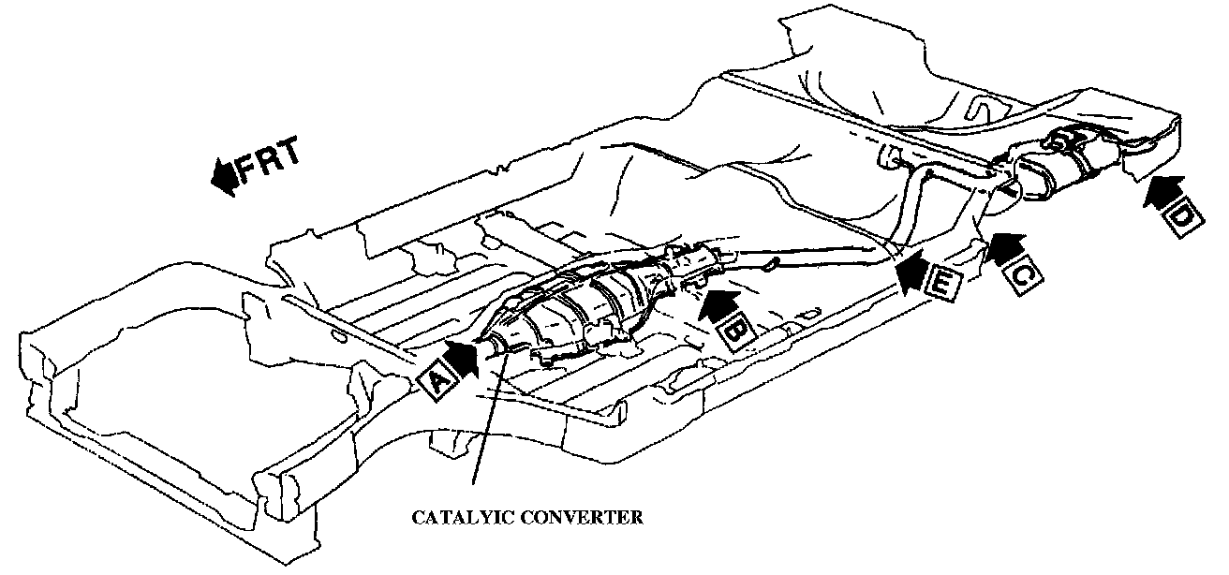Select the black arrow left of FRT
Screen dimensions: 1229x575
[x=224, y=177]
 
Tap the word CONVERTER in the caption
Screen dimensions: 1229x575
[x=587, y=516]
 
